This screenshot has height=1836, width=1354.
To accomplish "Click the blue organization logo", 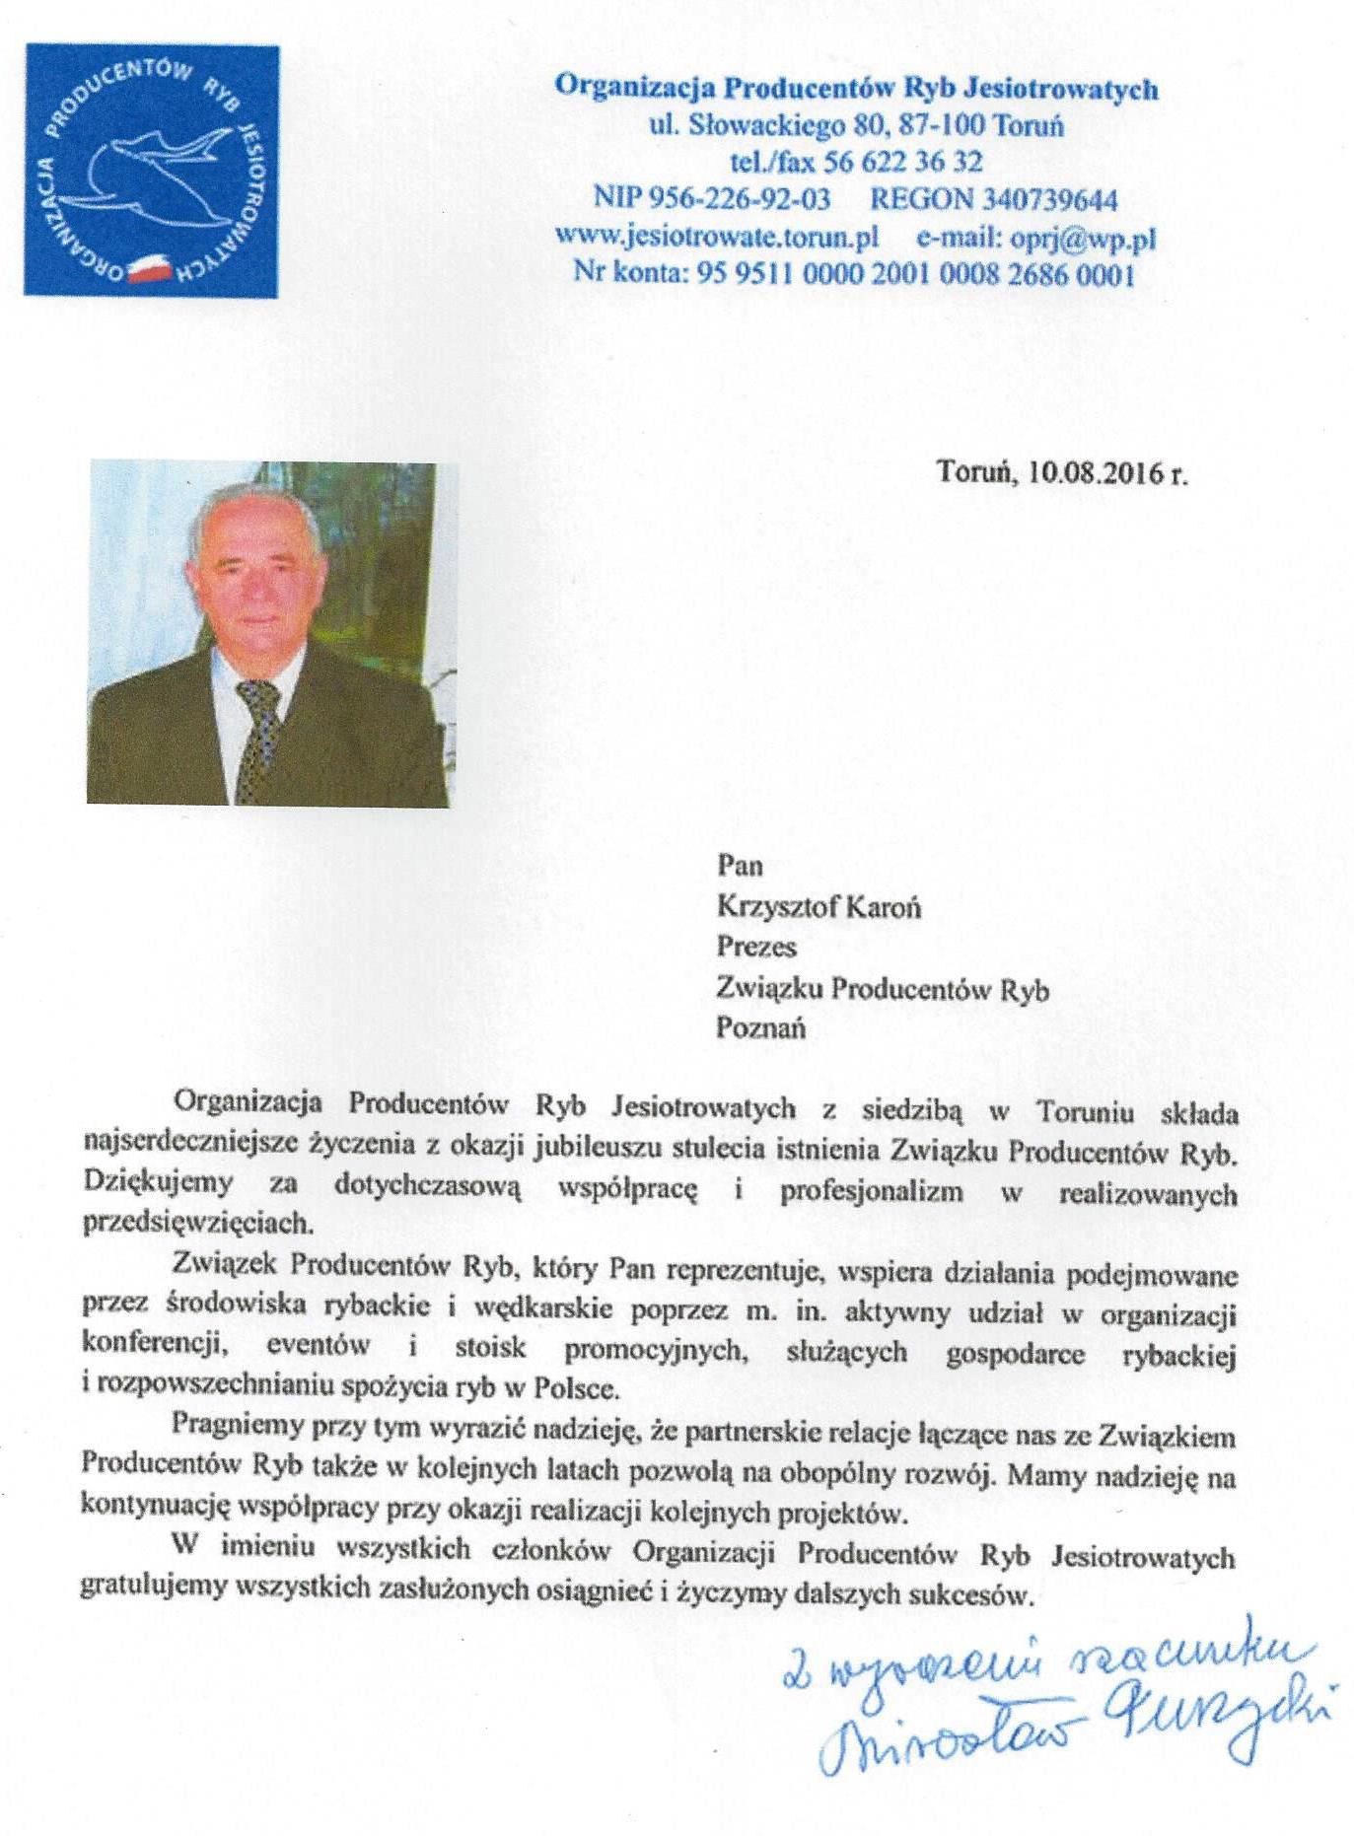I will click(151, 170).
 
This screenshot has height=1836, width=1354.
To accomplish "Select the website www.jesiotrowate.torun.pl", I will click(717, 237).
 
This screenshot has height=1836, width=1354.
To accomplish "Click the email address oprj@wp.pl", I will click(1083, 237).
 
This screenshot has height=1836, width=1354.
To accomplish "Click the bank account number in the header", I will click(915, 273).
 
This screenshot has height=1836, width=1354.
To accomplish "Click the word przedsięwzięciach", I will click(196, 1223).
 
